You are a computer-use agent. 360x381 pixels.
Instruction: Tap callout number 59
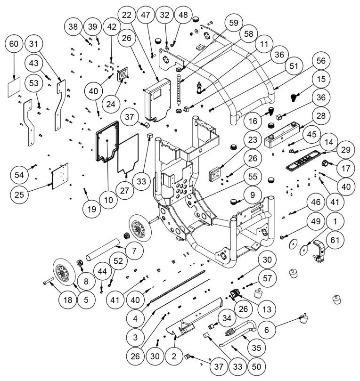click(233, 23)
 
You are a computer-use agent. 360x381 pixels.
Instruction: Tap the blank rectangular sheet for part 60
click(15, 88)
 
